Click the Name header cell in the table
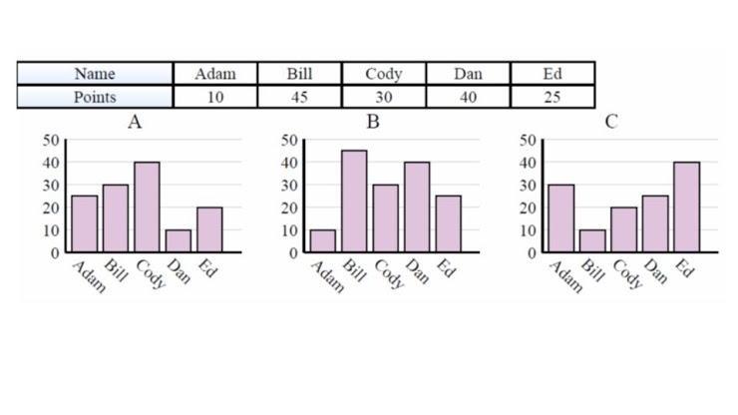pyautogui.click(x=95, y=74)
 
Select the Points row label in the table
pyautogui.click(x=95, y=97)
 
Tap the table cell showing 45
pyautogui.click(x=299, y=97)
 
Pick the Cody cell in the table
pyautogui.click(x=383, y=74)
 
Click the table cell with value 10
pyautogui.click(x=215, y=97)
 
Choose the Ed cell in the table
pyautogui.click(x=553, y=74)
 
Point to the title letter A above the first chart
pyautogui.click(x=134, y=122)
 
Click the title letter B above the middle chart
pyautogui.click(x=373, y=122)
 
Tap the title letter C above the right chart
pyautogui.click(x=611, y=122)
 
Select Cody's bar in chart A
pyautogui.click(x=147, y=207)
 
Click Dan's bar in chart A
pyautogui.click(x=179, y=240)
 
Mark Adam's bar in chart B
pyautogui.click(x=323, y=240)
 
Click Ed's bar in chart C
pyautogui.click(x=686, y=207)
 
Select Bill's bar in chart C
pyautogui.click(x=592, y=240)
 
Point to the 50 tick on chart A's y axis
pyautogui.click(x=50, y=140)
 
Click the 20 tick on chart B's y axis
pyautogui.click(x=289, y=207)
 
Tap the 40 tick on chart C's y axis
pyautogui.click(x=528, y=163)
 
